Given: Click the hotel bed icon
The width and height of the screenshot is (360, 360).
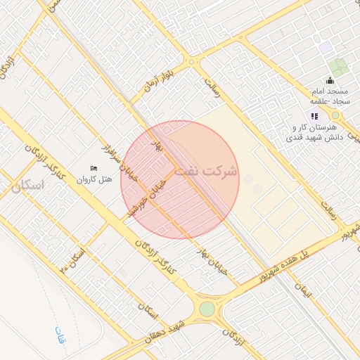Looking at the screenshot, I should coord(94,168).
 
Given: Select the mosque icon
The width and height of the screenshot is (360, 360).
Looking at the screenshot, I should coord(330,79).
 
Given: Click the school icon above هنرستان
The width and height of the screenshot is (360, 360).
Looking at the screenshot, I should coord(314,116).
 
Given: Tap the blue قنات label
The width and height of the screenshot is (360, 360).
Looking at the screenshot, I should coord(60,335).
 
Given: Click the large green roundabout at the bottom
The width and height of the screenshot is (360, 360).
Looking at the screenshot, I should coord(207,309).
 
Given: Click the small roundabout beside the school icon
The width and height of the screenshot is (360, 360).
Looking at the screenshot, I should coord(335,115).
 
